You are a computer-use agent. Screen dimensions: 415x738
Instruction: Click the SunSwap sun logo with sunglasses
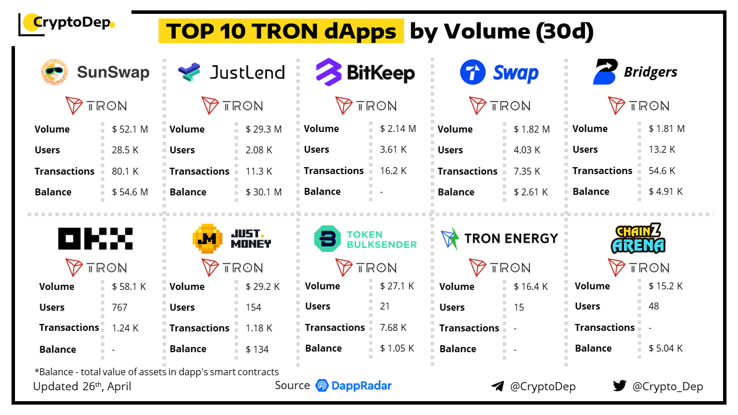pos(55,72)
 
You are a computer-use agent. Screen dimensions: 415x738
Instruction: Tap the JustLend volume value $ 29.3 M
pos(263,129)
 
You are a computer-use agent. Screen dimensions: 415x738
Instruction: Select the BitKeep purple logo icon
pos(329,72)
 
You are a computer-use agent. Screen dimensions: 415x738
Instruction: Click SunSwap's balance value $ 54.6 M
pos(130,192)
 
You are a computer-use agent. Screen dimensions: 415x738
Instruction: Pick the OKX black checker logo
pos(96,239)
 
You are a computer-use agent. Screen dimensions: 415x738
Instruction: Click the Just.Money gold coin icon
pos(207,238)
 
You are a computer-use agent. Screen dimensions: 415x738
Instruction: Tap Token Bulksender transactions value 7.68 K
pos(393,327)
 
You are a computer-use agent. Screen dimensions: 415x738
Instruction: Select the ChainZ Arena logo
pos(638,239)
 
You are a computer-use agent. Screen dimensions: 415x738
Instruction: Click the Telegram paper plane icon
pos(498,386)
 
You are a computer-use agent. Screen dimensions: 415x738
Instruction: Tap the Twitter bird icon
pos(620,386)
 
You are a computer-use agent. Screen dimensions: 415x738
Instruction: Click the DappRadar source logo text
pos(354,386)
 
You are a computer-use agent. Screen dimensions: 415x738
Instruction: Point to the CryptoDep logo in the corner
pos(67,23)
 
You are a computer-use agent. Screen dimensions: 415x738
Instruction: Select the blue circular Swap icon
pos(473,73)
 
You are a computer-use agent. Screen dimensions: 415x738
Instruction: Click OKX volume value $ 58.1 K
pos(129,286)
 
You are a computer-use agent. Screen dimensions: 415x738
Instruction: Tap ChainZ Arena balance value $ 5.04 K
pos(665,348)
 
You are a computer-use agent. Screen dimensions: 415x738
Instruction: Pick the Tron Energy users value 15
pos(519,307)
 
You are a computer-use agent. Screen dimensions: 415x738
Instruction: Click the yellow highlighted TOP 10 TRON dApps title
pos(281,31)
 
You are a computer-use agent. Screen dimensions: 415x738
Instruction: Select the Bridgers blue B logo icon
pos(605,72)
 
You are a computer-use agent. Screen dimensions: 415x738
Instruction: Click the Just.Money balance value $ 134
pos(257,349)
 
